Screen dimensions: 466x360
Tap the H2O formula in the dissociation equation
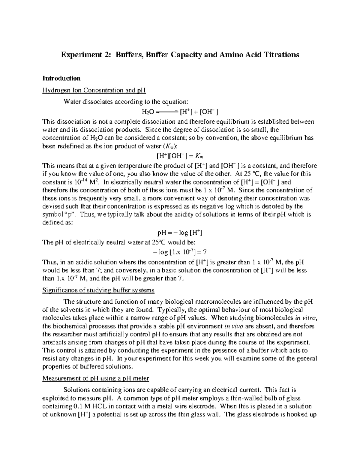point(148,112)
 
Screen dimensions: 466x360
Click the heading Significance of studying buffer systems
point(98,290)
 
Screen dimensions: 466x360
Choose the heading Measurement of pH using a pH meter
point(96,378)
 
